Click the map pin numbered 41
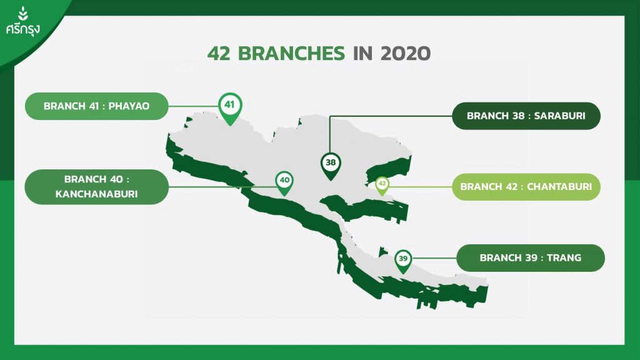point(230,107)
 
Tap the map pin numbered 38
point(331,164)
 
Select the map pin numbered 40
point(284,182)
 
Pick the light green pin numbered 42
point(382,185)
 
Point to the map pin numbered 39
point(403,260)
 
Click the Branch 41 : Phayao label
point(97,106)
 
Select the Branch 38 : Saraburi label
point(526,116)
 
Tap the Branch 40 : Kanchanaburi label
point(97,187)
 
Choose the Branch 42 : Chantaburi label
point(526,187)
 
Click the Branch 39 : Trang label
point(531,258)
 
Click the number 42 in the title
point(219,54)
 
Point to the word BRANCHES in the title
point(291,54)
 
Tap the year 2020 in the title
point(405,54)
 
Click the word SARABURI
point(559,116)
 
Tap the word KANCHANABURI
point(97,194)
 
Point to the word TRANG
point(564,258)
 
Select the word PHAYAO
point(129,106)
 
